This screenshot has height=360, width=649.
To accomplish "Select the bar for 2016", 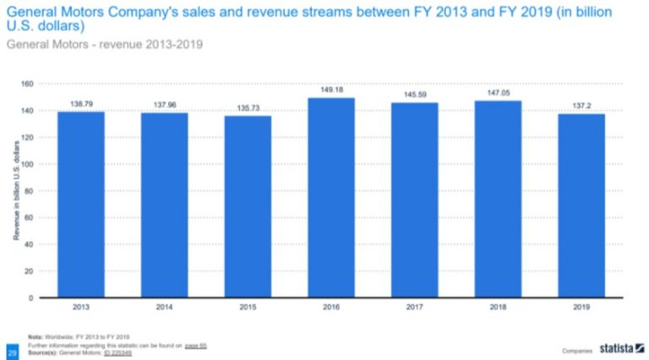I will coord(330,198).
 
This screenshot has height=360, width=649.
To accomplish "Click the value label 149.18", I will coord(330,90).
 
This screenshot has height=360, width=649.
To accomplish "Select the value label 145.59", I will coord(414,95).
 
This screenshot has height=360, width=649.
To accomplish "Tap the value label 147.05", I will coord(497,94).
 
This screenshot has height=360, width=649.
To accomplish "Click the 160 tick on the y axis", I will coord(26,84).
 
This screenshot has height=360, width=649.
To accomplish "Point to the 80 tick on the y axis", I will coord(28,191).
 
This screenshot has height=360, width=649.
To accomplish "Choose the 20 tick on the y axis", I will coord(28,271).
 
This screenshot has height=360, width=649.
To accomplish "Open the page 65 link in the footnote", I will coord(197,346).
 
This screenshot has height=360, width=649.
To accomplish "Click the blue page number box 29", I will coord(13,350).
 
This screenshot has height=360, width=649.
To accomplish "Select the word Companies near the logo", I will coord(576,350).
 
